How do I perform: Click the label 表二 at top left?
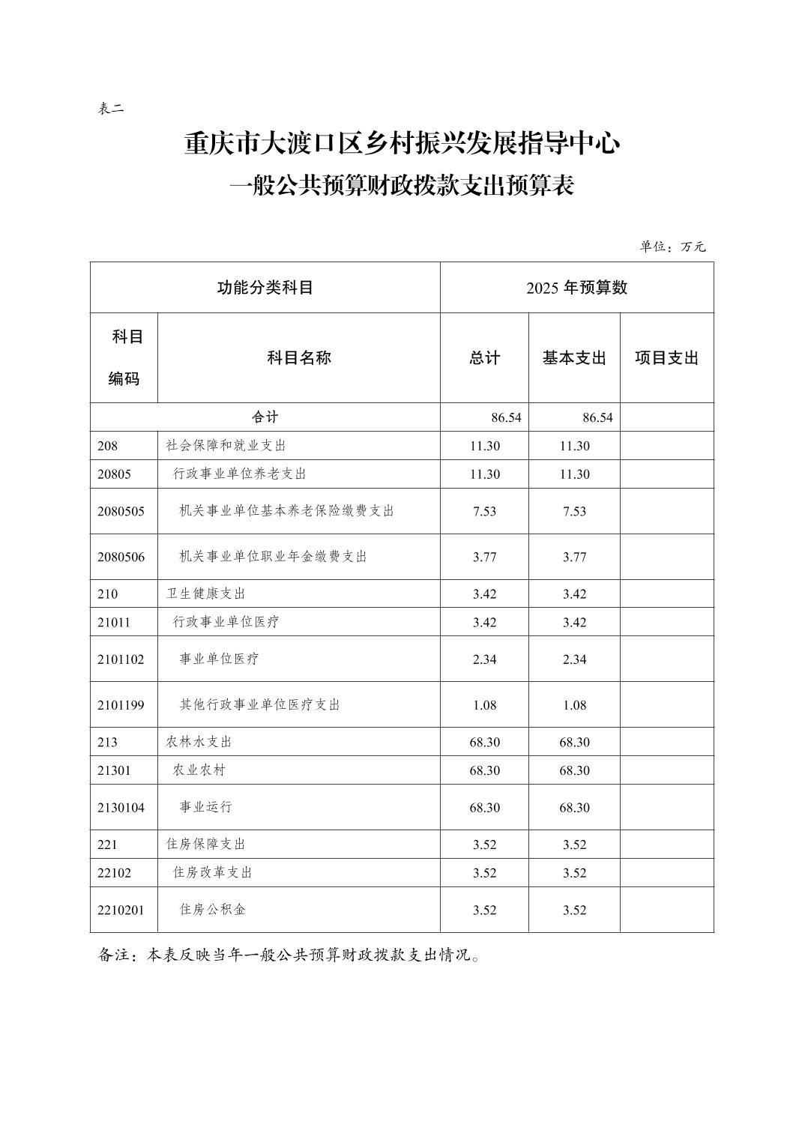pos(110,109)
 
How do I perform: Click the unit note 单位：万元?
pos(672,247)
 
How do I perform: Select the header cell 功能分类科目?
pos(265,288)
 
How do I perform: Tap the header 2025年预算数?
pos(576,288)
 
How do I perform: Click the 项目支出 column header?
pos(666,358)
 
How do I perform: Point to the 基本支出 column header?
pos(574,358)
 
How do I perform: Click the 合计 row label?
pos(265,417)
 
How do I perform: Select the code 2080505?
pos(121,512)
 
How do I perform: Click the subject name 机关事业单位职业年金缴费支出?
pos(273,557)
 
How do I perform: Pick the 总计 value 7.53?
pos(484,512)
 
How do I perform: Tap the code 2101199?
pos(121,705)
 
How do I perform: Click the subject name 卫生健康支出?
pos(205,593)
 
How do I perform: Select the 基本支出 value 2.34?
pos(574,659)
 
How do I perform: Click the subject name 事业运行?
pos(205,807)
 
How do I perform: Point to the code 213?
pos(107,742)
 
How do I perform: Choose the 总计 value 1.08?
pos(484,705)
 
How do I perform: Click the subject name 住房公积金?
pos(212,910)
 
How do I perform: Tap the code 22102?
pos(114,873)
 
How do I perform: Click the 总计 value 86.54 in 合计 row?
pos(506,417)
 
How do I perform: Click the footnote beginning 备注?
pos(289,955)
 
